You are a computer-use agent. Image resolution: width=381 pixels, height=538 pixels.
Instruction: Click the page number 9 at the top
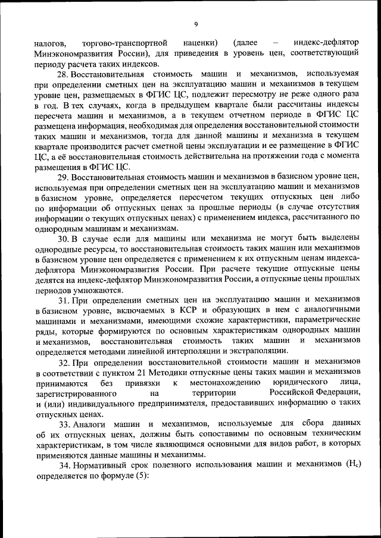[x=195, y=24]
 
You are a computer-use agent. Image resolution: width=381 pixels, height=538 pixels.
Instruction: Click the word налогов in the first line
[x=51, y=43]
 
